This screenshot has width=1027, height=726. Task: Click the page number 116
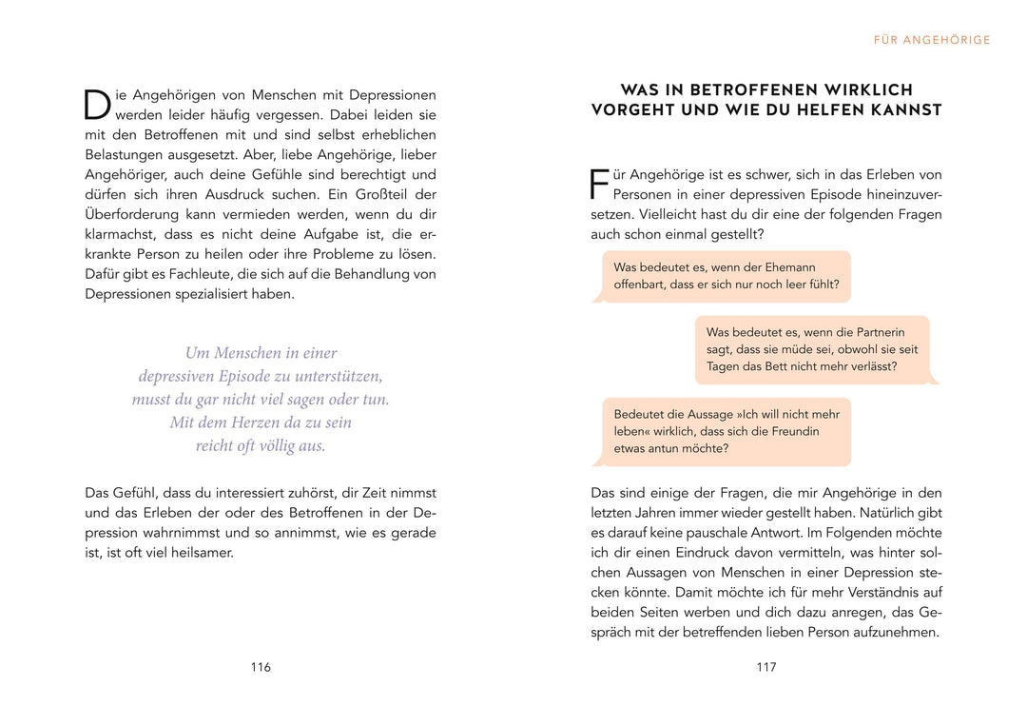pyautogui.click(x=261, y=667)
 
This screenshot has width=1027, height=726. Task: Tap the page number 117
pyautogui.click(x=766, y=667)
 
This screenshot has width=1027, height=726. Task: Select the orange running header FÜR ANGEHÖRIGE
pyautogui.click(x=932, y=40)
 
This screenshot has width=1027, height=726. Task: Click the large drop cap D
pyautogui.click(x=97, y=105)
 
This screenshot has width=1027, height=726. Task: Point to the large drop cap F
pyautogui.click(x=599, y=184)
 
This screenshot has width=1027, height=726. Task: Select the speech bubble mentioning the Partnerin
pyautogui.click(x=813, y=349)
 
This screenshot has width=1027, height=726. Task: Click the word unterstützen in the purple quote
pyautogui.click(x=330, y=376)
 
